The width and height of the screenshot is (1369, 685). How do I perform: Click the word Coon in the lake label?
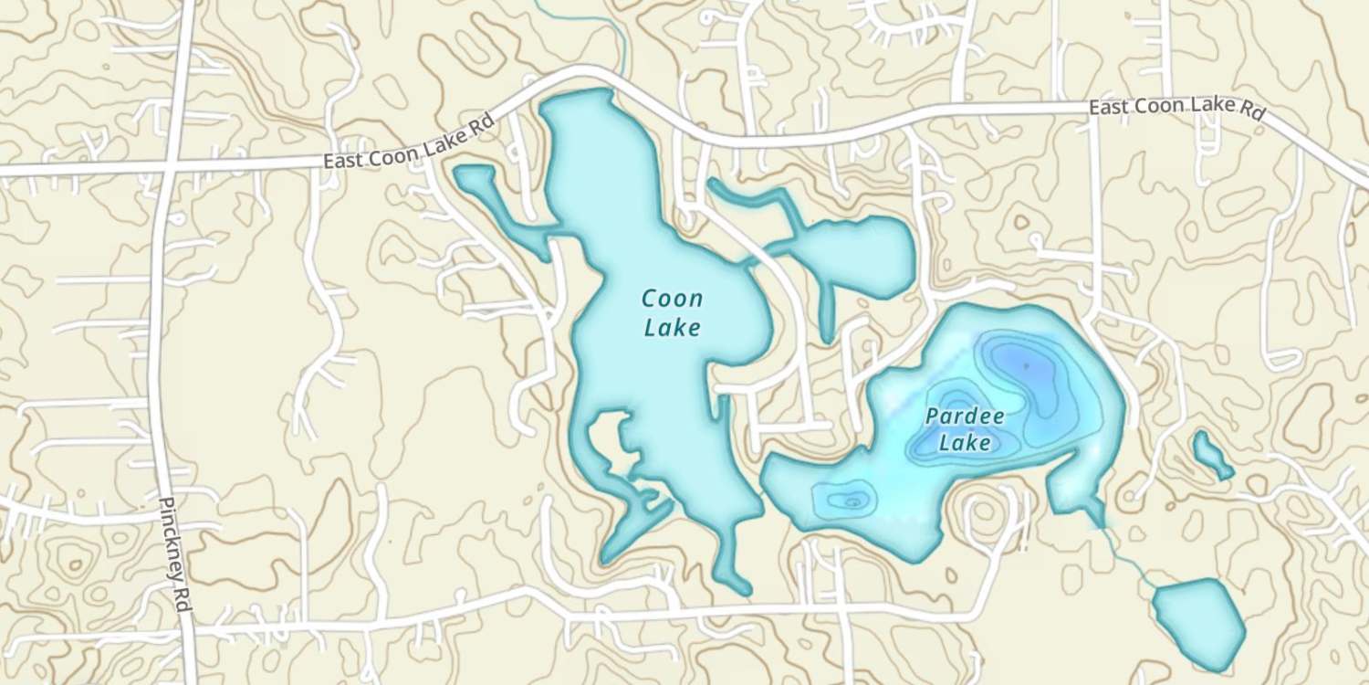coord(673,299)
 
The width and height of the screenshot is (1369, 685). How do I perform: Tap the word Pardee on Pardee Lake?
coord(965,417)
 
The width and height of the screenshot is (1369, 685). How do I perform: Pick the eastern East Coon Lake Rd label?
coord(1177,108)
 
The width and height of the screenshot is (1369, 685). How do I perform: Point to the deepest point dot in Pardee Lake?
coord(1026,365)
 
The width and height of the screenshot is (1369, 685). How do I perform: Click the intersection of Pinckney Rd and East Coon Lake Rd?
coord(166,171)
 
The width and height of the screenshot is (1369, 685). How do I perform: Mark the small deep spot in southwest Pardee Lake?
coord(852,501)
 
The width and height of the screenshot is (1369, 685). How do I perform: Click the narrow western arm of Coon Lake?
coord(502,205)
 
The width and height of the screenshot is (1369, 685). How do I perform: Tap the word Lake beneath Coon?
coord(673,327)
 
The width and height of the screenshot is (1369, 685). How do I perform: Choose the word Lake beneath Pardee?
coord(965,444)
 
